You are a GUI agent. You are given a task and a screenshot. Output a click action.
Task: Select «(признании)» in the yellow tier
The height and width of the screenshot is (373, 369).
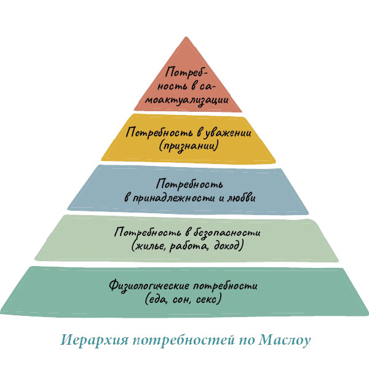[189, 146]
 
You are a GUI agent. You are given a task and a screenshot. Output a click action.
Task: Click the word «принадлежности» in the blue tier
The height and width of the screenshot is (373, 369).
[173, 198]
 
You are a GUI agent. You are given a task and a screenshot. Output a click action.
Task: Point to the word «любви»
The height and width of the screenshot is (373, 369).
[242, 197]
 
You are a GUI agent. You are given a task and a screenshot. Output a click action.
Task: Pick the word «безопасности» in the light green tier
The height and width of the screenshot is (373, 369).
[227, 232]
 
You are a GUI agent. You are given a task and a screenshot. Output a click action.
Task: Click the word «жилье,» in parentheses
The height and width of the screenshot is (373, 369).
[149, 246]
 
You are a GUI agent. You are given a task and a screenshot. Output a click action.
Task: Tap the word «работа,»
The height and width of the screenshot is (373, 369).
[189, 246]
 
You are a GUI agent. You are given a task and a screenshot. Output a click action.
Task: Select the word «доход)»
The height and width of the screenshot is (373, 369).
[229, 246]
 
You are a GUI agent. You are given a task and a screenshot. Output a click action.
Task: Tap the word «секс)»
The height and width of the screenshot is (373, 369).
[208, 299]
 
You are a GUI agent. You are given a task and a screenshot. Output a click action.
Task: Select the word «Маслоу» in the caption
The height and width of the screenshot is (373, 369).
[285, 340]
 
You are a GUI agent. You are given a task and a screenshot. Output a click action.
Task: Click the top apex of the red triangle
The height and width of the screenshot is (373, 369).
[186, 37]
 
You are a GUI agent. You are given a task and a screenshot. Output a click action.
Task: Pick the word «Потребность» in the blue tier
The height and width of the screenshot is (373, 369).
[190, 184]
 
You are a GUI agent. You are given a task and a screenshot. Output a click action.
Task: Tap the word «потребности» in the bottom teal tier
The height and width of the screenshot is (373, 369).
[225, 286]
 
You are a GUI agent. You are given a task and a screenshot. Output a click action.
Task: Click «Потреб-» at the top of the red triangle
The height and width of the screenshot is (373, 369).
[186, 72]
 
